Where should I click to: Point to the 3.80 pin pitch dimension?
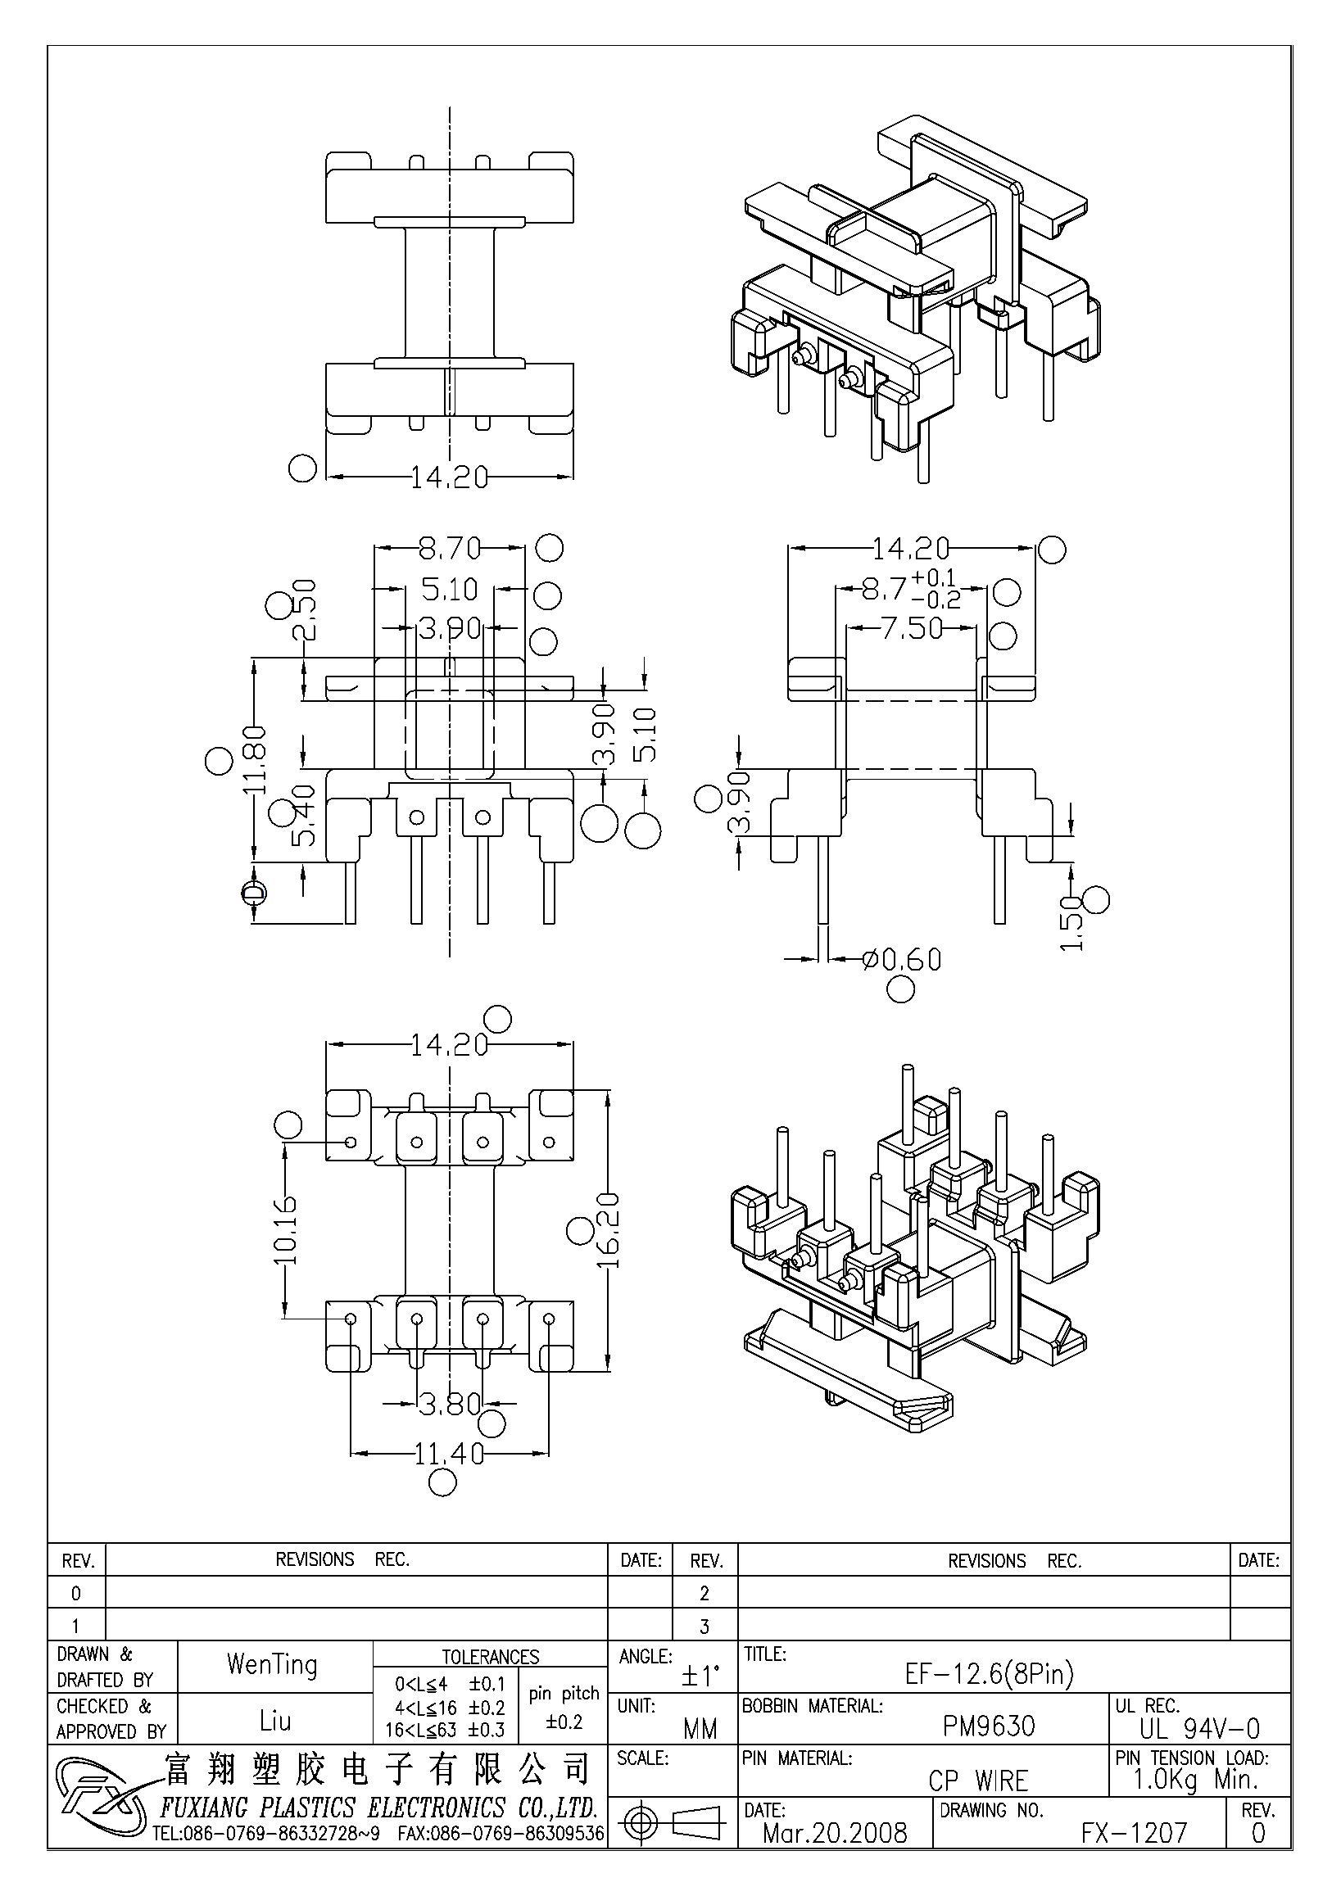click(450, 1402)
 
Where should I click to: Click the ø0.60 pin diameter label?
click(901, 959)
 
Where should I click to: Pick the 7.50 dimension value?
click(912, 628)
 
